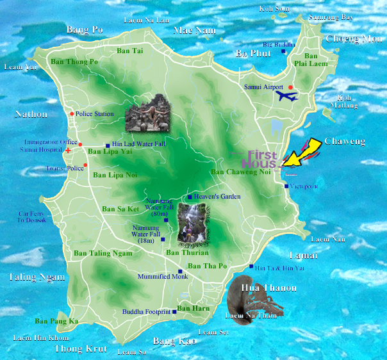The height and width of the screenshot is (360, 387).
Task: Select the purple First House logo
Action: coord(263,159)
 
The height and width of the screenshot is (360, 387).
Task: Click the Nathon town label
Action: coord(31,115)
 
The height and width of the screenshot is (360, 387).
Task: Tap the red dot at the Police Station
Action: coord(71,114)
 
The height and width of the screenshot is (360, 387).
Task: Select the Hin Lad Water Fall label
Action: coord(138,144)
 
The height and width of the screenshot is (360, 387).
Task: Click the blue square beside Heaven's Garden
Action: coord(189,197)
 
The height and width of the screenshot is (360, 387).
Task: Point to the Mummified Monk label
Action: coord(163,277)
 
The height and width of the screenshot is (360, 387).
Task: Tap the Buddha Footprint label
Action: coord(146,312)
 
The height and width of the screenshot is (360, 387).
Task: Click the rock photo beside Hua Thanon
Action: coord(245,301)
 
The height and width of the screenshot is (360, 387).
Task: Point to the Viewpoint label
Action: coord(304,186)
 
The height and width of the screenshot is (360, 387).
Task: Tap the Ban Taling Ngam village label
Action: coord(103,253)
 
